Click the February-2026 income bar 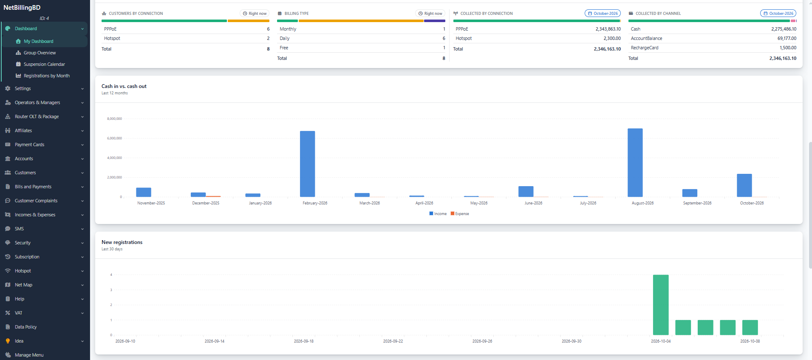307,164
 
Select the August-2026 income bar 635,162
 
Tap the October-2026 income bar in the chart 744,185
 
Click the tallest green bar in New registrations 661,305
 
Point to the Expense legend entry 460,214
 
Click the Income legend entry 438,214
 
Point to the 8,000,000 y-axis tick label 114,119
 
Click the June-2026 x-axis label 533,203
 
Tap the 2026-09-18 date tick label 304,341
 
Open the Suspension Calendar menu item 44,64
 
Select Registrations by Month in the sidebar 47,76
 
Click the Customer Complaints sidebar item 36,201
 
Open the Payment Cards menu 29,145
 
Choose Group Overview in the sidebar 40,53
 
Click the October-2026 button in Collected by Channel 778,14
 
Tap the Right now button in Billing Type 430,14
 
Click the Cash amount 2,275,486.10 784,29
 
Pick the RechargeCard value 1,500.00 788,48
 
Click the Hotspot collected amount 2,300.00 612,38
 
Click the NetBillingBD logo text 22,8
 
